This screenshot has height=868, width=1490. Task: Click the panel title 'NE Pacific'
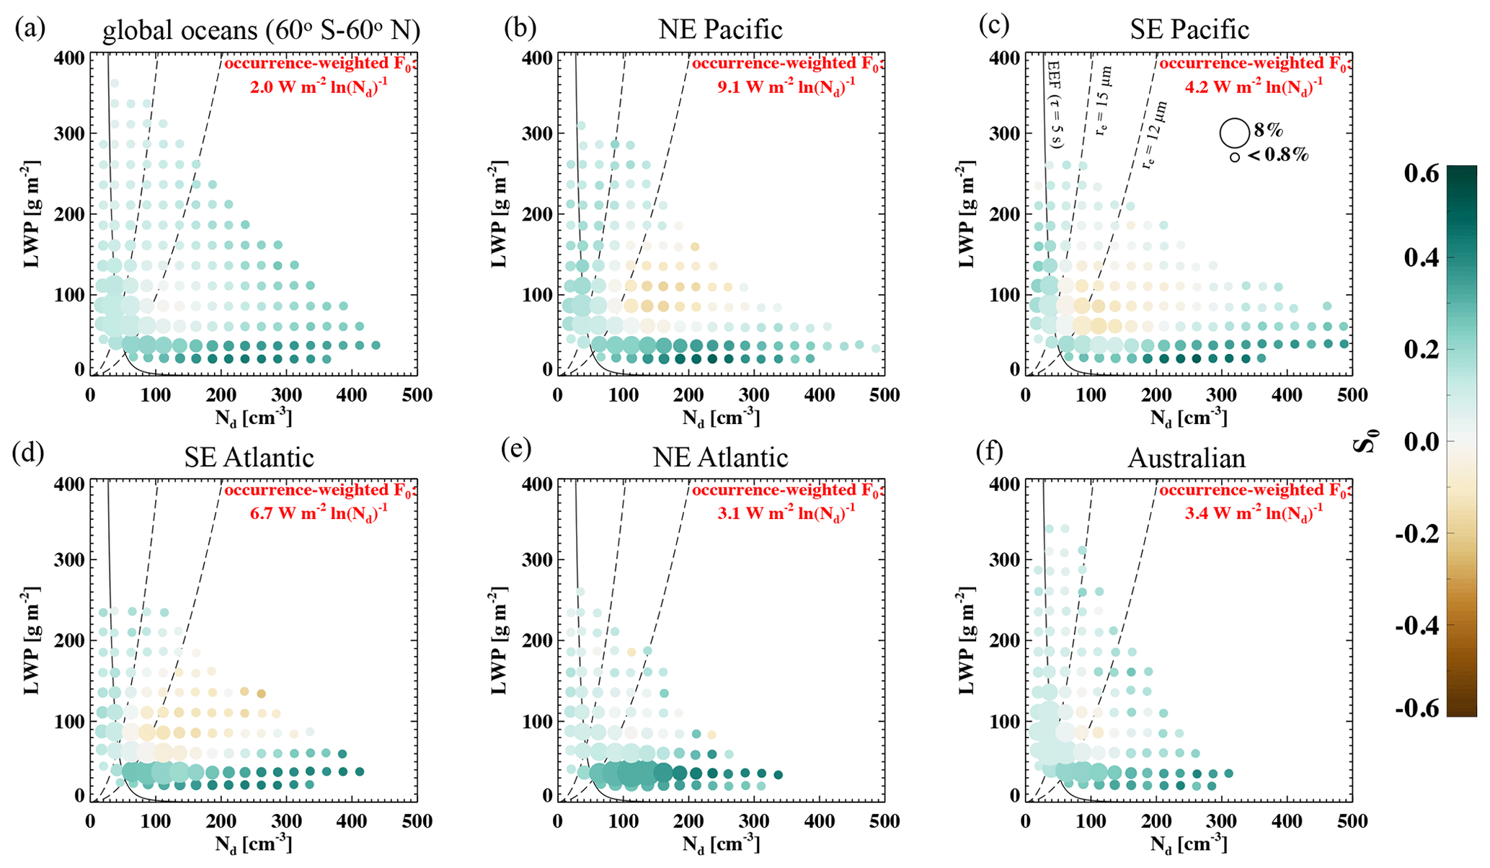(720, 30)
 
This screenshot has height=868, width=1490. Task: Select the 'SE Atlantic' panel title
(249, 458)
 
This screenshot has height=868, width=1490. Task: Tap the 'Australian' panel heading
(1187, 458)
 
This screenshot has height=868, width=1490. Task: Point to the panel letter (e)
(516, 449)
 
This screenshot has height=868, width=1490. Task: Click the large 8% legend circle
(1234, 133)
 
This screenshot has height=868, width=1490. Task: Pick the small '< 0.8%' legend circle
(1235, 156)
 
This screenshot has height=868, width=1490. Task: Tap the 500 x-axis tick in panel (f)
(1352, 821)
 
